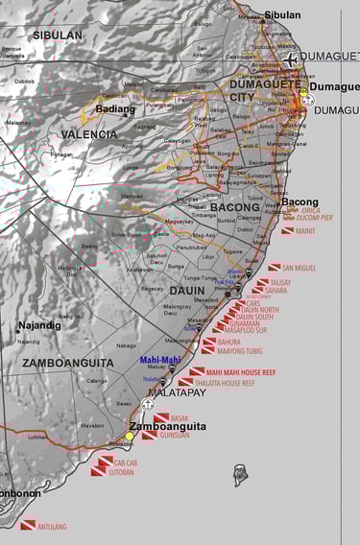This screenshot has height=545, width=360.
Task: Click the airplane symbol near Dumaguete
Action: pyautogui.click(x=290, y=59)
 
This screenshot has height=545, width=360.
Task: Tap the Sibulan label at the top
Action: pyautogui.click(x=281, y=15)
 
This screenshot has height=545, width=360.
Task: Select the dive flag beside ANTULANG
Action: pyautogui.click(x=28, y=525)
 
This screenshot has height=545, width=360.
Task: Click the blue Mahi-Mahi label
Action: pyautogui.click(x=159, y=361)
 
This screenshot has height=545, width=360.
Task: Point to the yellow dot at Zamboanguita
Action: pyautogui.click(x=130, y=437)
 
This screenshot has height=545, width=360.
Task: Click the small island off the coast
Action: pyautogui.click(x=240, y=475)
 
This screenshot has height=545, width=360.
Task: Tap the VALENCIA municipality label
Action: pyautogui.click(x=89, y=134)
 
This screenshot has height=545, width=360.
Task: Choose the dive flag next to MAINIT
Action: pyautogui.click(x=287, y=230)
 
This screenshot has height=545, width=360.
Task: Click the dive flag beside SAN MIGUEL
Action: pyautogui.click(x=274, y=268)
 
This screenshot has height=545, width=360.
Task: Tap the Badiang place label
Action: pyautogui.click(x=115, y=108)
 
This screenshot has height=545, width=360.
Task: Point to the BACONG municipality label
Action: pyautogui.click(x=235, y=206)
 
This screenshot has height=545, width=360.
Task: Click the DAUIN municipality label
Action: pyautogui.click(x=187, y=290)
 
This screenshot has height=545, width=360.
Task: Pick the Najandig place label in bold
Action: pyautogui.click(x=39, y=325)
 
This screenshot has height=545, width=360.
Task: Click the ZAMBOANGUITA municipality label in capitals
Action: pyautogui.click(x=68, y=363)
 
